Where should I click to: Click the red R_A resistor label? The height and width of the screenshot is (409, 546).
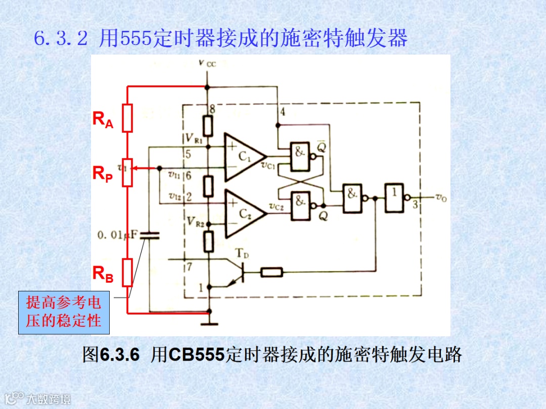[x=103, y=120]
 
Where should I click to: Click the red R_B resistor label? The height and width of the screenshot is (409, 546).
[x=103, y=274]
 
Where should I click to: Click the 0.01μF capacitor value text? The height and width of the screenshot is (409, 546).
[x=117, y=235]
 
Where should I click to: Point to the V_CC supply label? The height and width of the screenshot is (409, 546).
[x=207, y=63]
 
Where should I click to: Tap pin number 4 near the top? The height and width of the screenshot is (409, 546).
[x=282, y=112]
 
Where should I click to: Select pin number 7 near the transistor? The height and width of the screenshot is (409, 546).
[x=189, y=267]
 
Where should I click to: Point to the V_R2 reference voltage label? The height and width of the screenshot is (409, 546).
[x=195, y=221]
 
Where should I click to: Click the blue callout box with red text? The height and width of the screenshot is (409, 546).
[x=64, y=313]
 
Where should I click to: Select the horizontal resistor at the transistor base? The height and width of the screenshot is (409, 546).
[x=272, y=273]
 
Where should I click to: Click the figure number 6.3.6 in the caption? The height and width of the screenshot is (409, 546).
[x=119, y=354]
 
